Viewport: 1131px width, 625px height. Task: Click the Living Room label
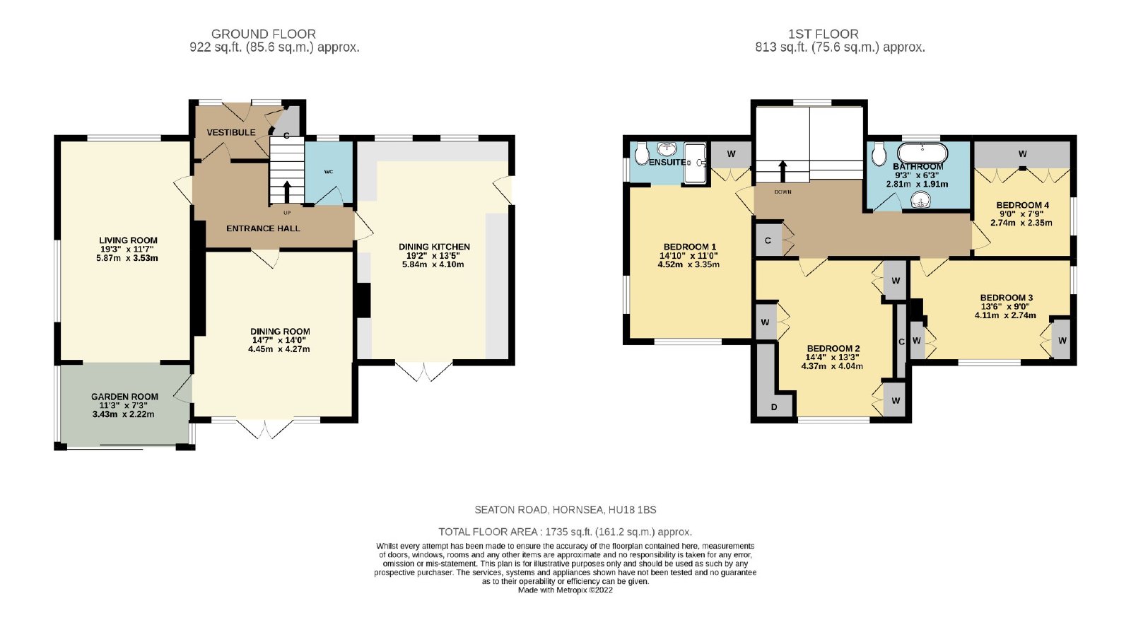pyautogui.click(x=128, y=240)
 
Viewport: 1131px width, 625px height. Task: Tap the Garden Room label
pyautogui.click(x=124, y=397)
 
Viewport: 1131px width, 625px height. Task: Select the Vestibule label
pyautogui.click(x=230, y=132)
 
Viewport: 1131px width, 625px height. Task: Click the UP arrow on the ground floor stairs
pyautogui.click(x=287, y=192)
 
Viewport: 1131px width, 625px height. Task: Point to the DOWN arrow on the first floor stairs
pyautogui.click(x=783, y=171)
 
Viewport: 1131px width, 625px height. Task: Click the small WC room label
pyautogui.click(x=329, y=172)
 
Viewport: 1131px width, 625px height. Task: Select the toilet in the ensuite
pyautogui.click(x=642, y=153)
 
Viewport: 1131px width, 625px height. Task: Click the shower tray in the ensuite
pyautogui.click(x=696, y=163)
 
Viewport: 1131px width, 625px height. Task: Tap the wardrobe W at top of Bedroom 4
pyautogui.click(x=1022, y=154)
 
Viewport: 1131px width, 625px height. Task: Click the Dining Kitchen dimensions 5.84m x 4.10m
pyautogui.click(x=433, y=264)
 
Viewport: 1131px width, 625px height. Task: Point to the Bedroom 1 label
pyautogui.click(x=690, y=247)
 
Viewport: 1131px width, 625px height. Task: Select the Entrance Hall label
pyautogui.click(x=263, y=228)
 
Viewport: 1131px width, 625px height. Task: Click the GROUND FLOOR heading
pyautogui.click(x=264, y=34)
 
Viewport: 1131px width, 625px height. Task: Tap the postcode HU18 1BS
pyautogui.click(x=632, y=510)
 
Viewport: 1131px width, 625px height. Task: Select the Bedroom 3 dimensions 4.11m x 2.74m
pyautogui.click(x=1004, y=315)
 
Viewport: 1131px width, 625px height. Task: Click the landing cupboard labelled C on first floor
pyautogui.click(x=768, y=240)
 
